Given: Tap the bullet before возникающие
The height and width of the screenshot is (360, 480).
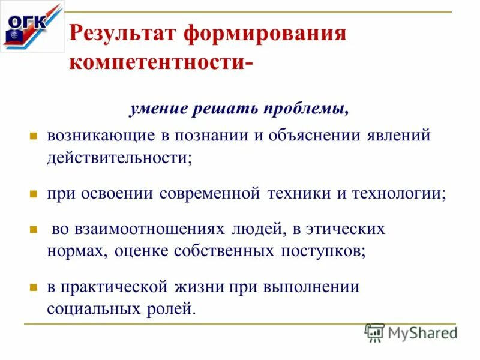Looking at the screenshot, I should click(x=34, y=136).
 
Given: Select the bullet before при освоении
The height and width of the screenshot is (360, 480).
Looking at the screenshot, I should click(x=34, y=194).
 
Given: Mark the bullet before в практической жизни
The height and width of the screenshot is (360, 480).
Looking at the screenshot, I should click(x=34, y=287).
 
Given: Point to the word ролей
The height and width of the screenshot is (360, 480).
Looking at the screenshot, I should click(x=176, y=310).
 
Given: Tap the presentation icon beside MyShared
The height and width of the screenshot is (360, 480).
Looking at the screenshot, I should click(x=374, y=332).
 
